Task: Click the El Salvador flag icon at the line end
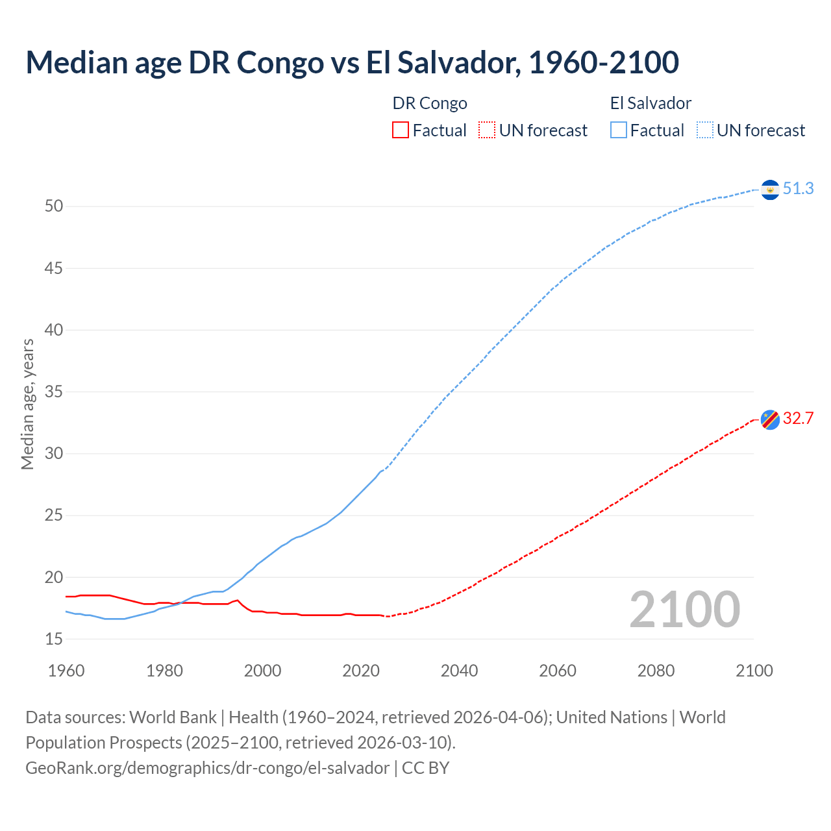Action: click(x=770, y=190)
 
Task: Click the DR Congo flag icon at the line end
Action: click(x=770, y=419)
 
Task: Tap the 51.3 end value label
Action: click(x=798, y=189)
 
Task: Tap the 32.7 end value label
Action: click(x=798, y=419)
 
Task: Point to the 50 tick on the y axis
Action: click(x=54, y=206)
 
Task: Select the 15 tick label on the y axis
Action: click(x=54, y=639)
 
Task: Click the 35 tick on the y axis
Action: click(x=54, y=392)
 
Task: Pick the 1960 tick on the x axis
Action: click(x=66, y=671)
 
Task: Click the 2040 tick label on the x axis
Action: click(x=459, y=671)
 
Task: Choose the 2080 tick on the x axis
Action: click(x=656, y=671)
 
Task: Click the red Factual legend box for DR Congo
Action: click(x=401, y=130)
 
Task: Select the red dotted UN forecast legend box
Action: click(x=487, y=130)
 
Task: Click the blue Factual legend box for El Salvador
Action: click(x=619, y=130)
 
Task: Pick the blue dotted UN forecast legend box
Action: click(x=704, y=130)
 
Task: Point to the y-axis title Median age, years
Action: click(x=27, y=404)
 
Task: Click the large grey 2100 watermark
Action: click(x=685, y=610)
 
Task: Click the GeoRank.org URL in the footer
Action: click(x=207, y=768)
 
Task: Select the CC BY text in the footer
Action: click(x=426, y=768)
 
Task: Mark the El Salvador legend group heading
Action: click(x=651, y=103)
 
